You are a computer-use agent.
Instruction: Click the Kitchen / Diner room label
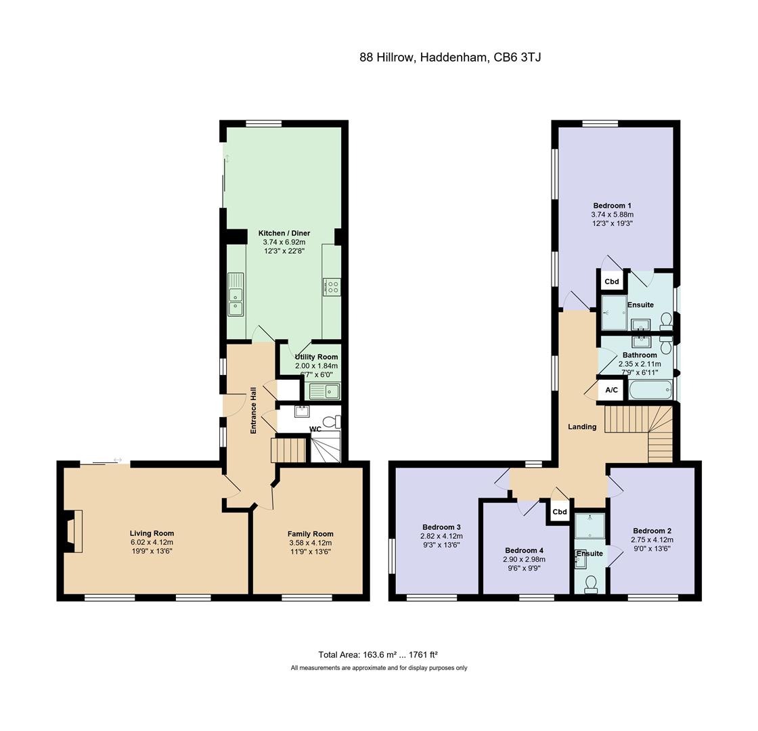(284, 233)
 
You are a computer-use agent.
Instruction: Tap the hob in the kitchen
(332, 287)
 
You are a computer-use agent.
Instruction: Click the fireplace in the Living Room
(72, 531)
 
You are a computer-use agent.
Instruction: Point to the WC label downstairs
(315, 429)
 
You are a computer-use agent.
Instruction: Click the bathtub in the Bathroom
(650, 390)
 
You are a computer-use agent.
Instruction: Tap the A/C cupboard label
(612, 390)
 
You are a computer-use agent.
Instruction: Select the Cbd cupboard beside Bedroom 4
(559, 512)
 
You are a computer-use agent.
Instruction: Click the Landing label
(582, 426)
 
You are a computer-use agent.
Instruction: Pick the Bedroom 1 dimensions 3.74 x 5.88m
(612, 214)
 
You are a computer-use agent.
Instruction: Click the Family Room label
(311, 534)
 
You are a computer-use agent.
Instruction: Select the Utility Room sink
(324, 391)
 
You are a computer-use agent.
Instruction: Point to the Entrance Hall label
(253, 410)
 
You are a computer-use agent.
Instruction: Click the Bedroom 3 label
(441, 527)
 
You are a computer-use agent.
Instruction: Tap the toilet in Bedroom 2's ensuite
(590, 584)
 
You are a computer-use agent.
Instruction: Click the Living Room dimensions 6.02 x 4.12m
(152, 542)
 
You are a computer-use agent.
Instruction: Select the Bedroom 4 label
(524, 550)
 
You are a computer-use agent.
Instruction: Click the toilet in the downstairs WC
(332, 422)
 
